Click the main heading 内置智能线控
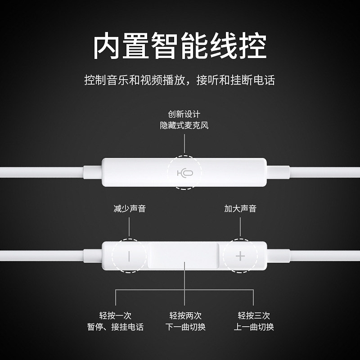point(180,45)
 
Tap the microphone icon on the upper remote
point(184,173)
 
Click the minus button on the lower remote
point(129,256)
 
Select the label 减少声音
point(129,209)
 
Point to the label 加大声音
point(240,209)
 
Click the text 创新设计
point(184,114)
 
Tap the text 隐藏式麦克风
point(184,126)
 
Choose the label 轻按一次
point(115,315)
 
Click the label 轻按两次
point(184,315)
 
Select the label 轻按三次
point(254,315)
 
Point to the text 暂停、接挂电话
point(115,327)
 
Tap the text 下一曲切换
point(184,327)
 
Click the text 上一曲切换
point(254,327)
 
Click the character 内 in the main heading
point(107,45)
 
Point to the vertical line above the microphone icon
point(184,144)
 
